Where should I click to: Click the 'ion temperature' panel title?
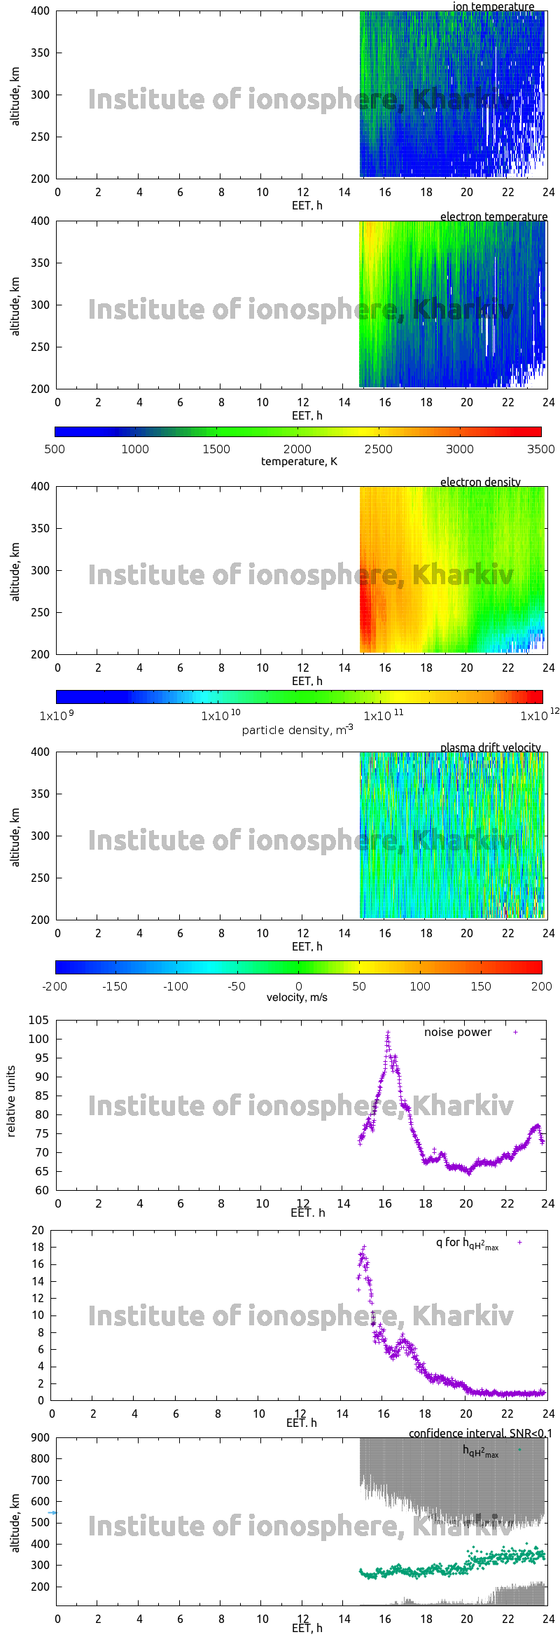pos(493,6)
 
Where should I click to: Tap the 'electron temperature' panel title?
pos(493,216)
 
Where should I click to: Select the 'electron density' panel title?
pos(480,482)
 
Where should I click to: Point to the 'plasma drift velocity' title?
pos(490,747)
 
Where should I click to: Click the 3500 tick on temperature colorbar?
pos(540,449)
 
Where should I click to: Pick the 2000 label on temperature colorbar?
pos(297,449)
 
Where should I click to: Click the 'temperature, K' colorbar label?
pos(299,462)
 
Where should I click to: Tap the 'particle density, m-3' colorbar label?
pos(297,730)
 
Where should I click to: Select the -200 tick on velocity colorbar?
pos(55,986)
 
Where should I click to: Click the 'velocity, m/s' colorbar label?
pos(297,997)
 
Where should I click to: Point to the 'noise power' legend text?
pos(458,1032)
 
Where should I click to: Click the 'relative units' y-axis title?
pos(11,1101)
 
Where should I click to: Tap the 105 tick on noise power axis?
pos(38,1020)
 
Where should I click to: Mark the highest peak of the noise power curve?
pos(388,1033)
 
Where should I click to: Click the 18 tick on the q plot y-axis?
pos(38,1247)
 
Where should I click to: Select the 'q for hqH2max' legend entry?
pos(467,1243)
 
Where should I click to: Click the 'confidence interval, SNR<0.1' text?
pos(479,1433)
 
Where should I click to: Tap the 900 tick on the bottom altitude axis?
pos(41,1437)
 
